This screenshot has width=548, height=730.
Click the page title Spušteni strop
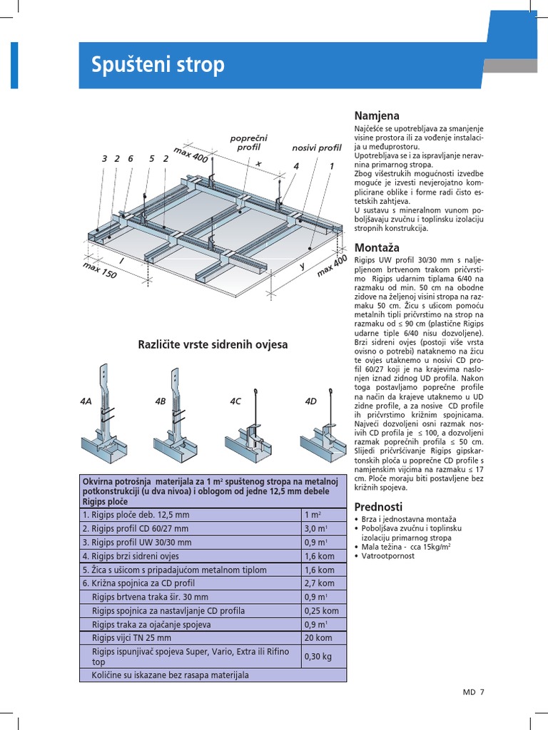click(x=158, y=65)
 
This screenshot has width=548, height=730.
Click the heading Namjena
click(x=377, y=115)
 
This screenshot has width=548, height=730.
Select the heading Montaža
click(x=377, y=247)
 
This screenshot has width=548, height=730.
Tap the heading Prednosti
click(x=379, y=506)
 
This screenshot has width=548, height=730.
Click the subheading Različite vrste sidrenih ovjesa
click(x=213, y=344)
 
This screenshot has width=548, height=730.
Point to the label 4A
click(x=86, y=402)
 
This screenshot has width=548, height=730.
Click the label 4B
click(x=160, y=402)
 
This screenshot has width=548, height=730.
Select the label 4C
click(x=235, y=402)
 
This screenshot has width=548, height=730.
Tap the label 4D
click(x=310, y=402)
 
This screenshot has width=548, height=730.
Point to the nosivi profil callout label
click(x=317, y=148)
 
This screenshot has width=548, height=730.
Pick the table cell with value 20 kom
click(x=318, y=638)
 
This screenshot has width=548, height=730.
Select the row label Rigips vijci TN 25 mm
click(x=131, y=638)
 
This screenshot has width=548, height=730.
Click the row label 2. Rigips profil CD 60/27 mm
click(x=136, y=528)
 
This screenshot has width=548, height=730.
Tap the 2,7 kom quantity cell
click(x=319, y=583)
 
